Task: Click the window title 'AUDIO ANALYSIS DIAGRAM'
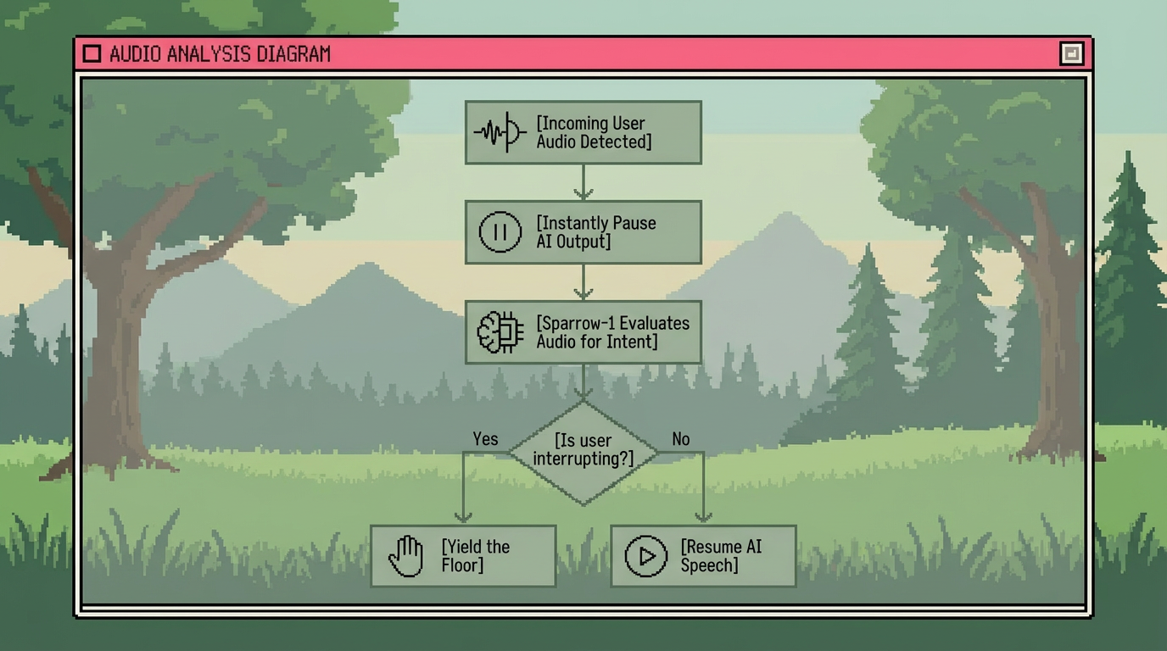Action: click(220, 54)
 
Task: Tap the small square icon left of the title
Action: click(92, 54)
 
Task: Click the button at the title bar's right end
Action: click(1071, 54)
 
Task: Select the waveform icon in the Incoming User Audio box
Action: click(500, 132)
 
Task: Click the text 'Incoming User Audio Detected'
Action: click(595, 133)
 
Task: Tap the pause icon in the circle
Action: click(500, 232)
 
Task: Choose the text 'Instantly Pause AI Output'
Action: click(596, 232)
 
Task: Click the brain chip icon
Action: click(500, 332)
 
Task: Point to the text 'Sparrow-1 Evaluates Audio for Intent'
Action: click(612, 332)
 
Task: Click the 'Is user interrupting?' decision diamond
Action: click(583, 451)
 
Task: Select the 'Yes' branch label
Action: click(485, 439)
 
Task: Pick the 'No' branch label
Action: click(681, 439)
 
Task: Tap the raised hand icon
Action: click(406, 556)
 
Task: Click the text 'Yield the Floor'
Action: click(476, 556)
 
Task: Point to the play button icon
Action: click(646, 556)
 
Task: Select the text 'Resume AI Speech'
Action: click(721, 556)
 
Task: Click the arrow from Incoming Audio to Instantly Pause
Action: click(583, 182)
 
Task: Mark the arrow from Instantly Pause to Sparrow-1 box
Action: click(583, 282)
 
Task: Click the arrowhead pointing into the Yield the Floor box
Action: click(463, 516)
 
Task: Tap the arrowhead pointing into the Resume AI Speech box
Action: click(703, 516)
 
